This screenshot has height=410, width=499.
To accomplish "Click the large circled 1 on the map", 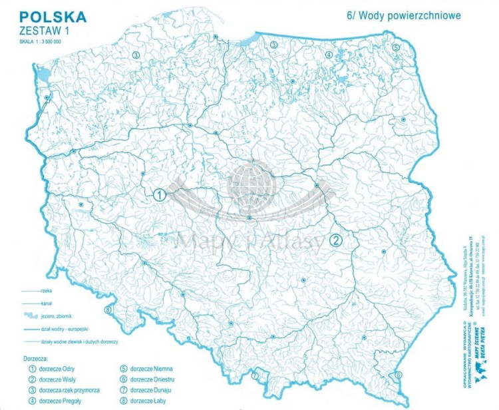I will click(x=160, y=195).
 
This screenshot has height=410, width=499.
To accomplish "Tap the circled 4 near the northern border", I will click(x=329, y=55).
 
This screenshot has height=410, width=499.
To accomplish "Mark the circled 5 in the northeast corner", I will click(x=395, y=47).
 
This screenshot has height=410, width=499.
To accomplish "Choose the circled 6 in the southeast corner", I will click(x=399, y=375).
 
